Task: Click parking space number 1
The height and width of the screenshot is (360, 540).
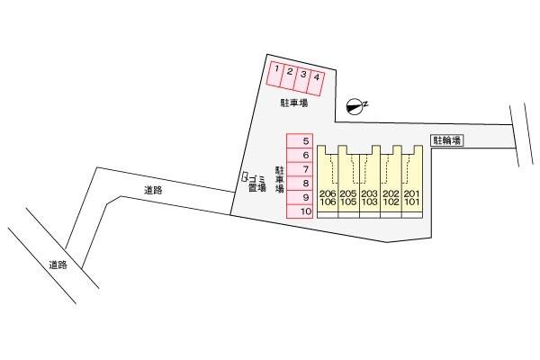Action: [x=275, y=75]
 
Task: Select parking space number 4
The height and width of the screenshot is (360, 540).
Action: [x=316, y=84]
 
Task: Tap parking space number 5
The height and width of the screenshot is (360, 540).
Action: [x=300, y=141]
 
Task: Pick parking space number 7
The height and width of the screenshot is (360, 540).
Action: [x=300, y=169]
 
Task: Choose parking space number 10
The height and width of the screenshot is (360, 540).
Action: [x=300, y=211]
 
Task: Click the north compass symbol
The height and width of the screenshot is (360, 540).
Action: [x=355, y=106]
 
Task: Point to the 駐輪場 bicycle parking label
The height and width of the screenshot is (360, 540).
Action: [x=447, y=140]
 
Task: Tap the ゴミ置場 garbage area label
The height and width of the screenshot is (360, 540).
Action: [x=256, y=184]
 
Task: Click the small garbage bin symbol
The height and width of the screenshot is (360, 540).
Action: [x=245, y=176]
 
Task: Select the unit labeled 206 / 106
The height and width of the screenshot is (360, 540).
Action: [x=328, y=182]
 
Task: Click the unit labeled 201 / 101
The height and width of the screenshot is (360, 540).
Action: [x=412, y=182]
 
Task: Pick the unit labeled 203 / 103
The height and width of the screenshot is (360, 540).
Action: [x=370, y=182]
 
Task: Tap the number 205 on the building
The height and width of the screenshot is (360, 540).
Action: [x=348, y=193]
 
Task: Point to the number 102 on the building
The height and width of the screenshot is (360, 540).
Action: [x=391, y=202]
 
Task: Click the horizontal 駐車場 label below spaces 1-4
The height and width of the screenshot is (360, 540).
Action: [x=294, y=103]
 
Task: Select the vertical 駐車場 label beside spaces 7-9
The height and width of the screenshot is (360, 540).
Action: [x=279, y=179]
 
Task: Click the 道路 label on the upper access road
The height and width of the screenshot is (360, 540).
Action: [x=153, y=190]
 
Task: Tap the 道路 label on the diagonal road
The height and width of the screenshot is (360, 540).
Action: [x=58, y=265]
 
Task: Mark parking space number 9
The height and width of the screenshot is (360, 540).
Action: [x=300, y=197]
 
